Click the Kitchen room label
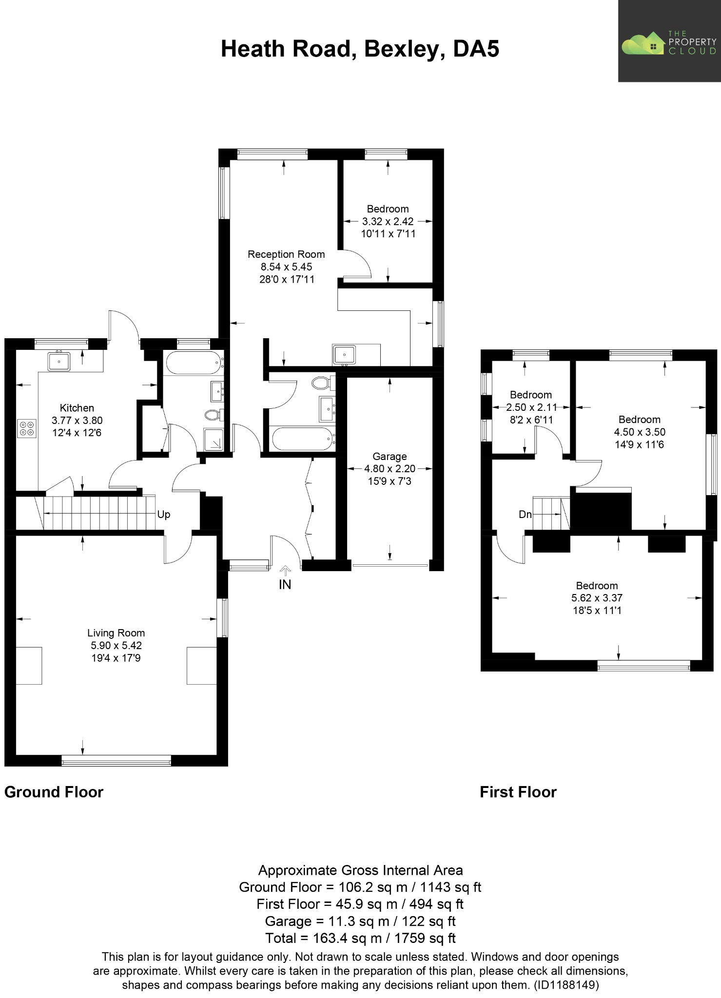(x=77, y=408)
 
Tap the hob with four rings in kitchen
(x=27, y=428)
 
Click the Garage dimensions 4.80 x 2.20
(x=390, y=469)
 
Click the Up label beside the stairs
(x=164, y=515)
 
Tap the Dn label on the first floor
(x=525, y=515)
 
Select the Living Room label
(x=116, y=633)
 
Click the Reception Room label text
(x=286, y=254)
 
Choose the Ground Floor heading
(x=54, y=792)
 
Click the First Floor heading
(x=518, y=792)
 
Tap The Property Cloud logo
(x=669, y=42)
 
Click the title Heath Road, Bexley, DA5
(x=360, y=49)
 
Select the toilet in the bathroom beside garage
(x=322, y=383)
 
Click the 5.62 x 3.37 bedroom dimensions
(x=597, y=598)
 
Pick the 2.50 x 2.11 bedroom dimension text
(x=531, y=407)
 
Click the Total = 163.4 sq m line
(x=360, y=938)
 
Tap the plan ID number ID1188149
(x=566, y=985)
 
